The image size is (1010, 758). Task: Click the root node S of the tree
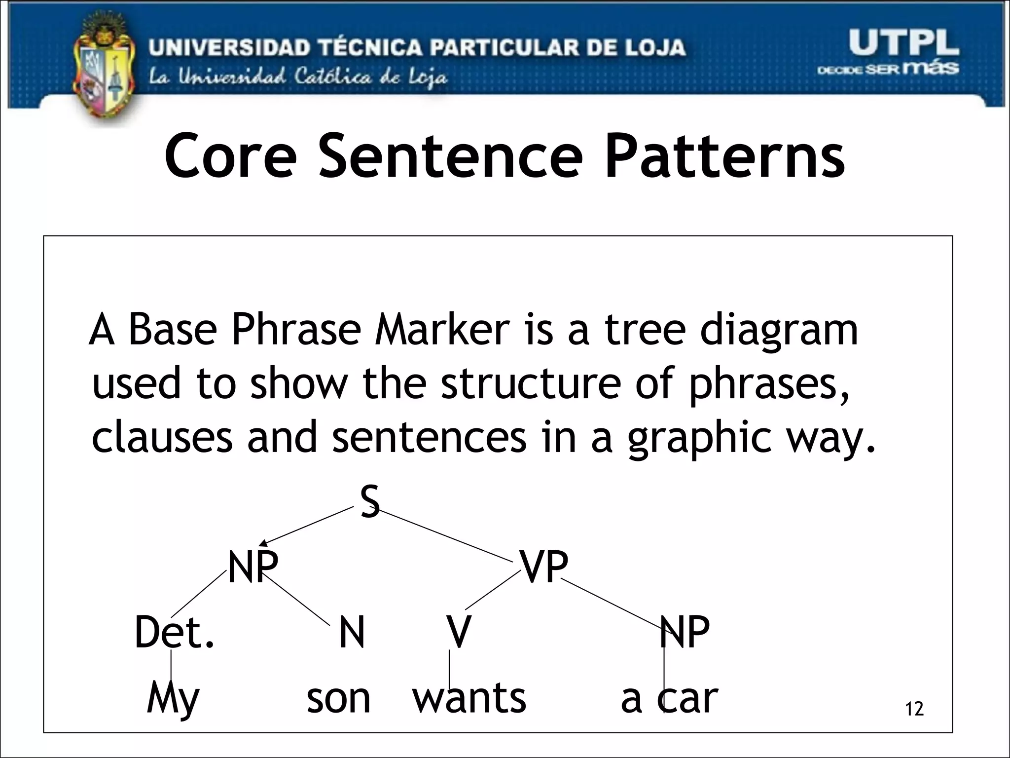click(370, 501)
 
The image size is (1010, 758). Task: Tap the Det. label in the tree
click(174, 633)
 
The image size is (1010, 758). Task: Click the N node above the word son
click(352, 633)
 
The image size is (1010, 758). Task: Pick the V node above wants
click(459, 633)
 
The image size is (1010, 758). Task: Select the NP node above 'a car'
click(685, 633)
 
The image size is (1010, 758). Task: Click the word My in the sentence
click(173, 698)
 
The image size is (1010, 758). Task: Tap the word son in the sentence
click(338, 698)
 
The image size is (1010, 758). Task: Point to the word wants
click(469, 698)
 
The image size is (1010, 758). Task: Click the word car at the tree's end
click(687, 698)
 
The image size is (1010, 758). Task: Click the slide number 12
click(914, 709)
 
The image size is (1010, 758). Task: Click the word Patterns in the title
click(725, 156)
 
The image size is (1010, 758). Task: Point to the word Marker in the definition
click(442, 330)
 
